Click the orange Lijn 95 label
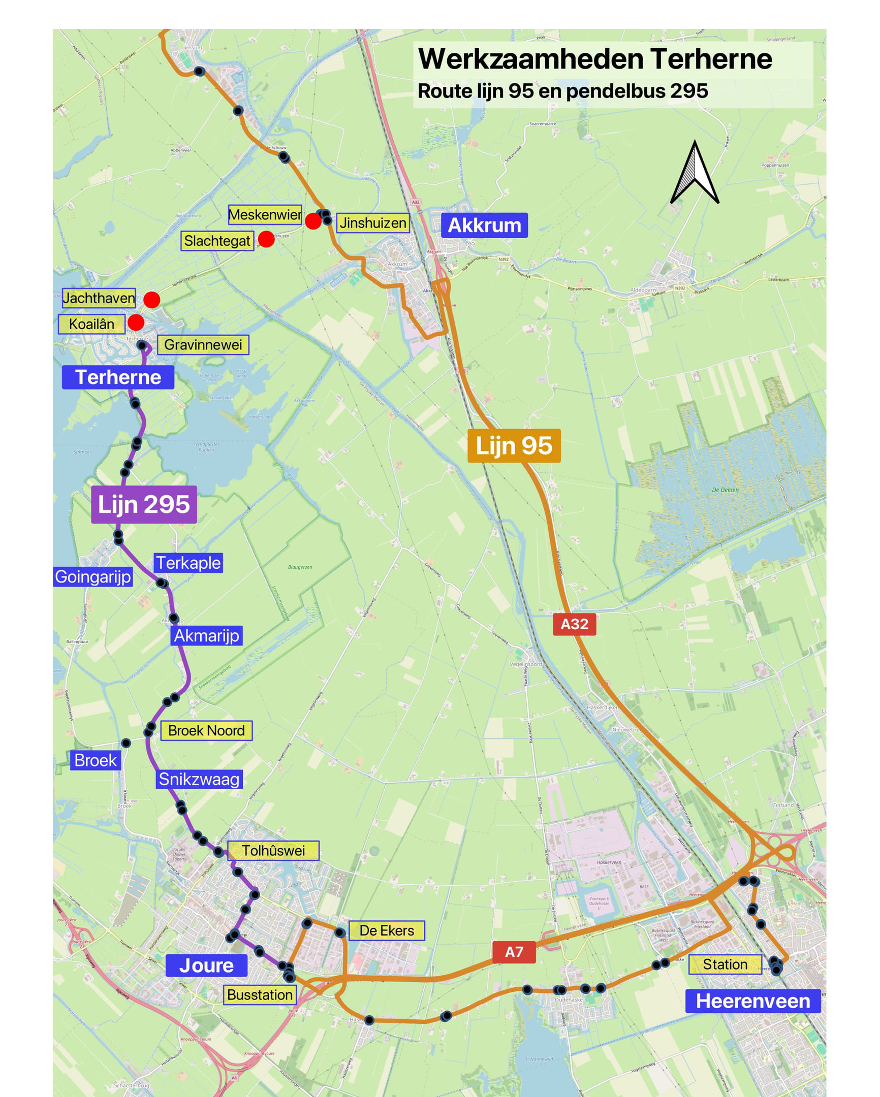[514, 446]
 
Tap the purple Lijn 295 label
[143, 504]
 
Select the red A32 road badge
[574, 624]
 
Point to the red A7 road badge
[514, 952]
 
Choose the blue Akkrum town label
[484, 225]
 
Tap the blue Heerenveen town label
[752, 1001]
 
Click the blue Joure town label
[206, 965]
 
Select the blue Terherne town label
[118, 377]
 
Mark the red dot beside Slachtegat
[266, 239]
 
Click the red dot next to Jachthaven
[152, 300]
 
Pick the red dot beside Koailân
[136, 322]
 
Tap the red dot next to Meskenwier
[313, 221]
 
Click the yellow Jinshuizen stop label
[372, 223]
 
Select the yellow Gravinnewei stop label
[203, 344]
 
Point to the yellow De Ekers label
[386, 930]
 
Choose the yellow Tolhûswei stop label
[273, 850]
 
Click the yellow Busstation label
[260, 995]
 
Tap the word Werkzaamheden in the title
[531, 59]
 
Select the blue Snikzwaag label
[199, 779]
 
